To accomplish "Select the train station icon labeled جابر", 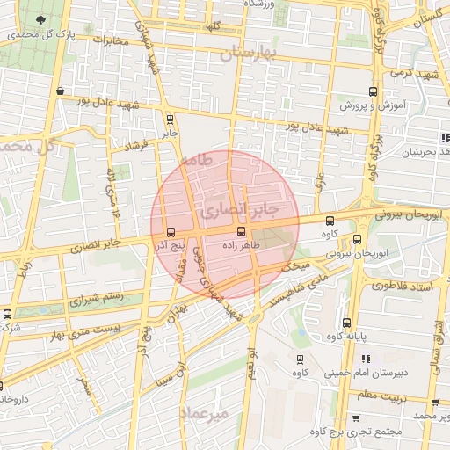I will [x=169, y=120].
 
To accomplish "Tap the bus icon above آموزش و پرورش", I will [x=373, y=91].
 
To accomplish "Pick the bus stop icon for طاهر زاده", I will [x=242, y=231].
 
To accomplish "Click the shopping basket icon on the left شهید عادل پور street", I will [x=59, y=91].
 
